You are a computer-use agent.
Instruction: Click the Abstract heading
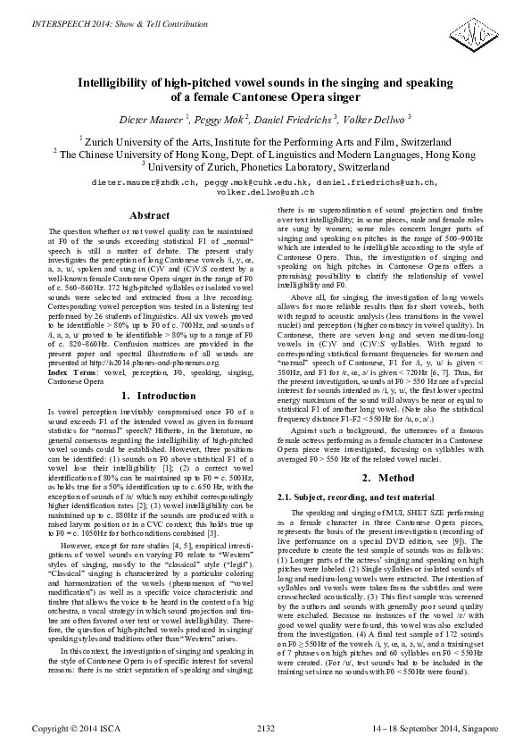149,215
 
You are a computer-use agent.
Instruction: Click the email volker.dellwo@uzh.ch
266,191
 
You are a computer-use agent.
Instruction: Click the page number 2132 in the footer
265,729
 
